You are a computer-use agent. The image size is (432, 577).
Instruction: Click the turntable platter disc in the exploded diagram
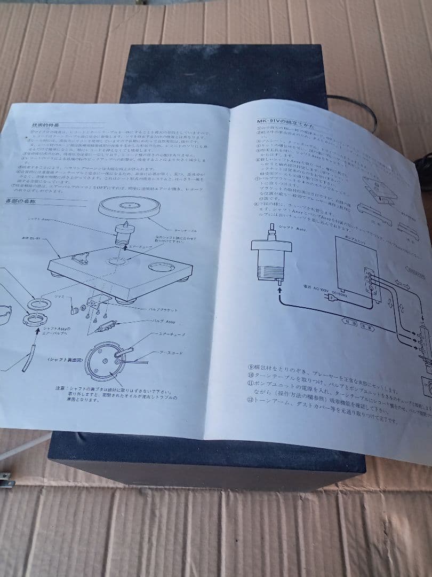[129, 206]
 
